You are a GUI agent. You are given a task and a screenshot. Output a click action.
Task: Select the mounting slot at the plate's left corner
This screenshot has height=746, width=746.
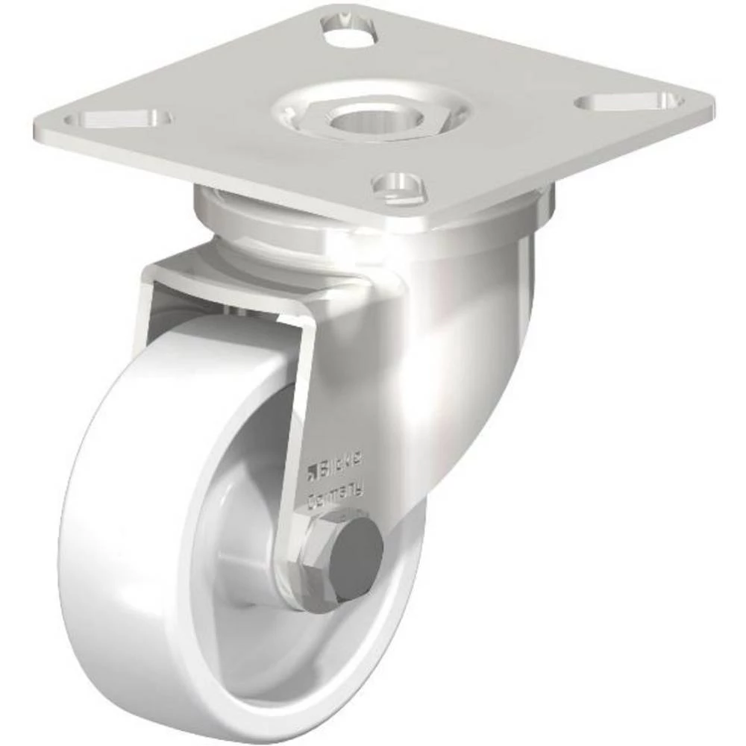pyautogui.click(x=119, y=119)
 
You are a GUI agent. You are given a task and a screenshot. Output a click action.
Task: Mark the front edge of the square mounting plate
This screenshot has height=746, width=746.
pyautogui.click(x=224, y=175)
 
